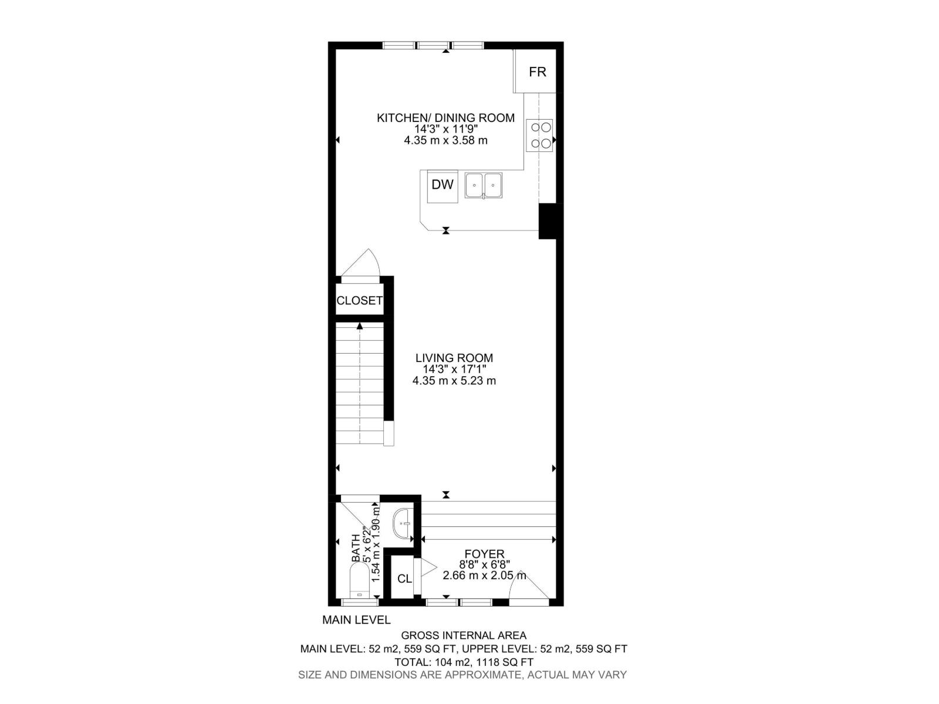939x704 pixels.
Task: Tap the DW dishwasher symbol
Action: pos(443,185)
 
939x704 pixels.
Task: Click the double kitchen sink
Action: pos(484,185)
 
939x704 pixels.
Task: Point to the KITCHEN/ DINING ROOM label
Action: pos(445,118)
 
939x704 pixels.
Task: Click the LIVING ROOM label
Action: pos(454,358)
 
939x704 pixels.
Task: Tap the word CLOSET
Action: pos(359,300)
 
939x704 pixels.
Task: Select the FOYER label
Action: pos(484,554)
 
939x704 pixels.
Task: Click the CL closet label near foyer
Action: pos(404,578)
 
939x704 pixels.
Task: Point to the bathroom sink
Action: pos(403,523)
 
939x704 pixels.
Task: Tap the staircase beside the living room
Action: pos(359,384)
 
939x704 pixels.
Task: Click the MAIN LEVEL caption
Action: pos(356,620)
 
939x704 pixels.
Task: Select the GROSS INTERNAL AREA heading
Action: pos(463,635)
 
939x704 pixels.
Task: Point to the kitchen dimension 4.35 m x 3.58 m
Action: pos(445,140)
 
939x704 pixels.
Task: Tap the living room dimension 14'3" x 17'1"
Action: pos(454,369)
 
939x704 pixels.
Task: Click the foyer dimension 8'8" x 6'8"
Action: pos(484,565)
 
